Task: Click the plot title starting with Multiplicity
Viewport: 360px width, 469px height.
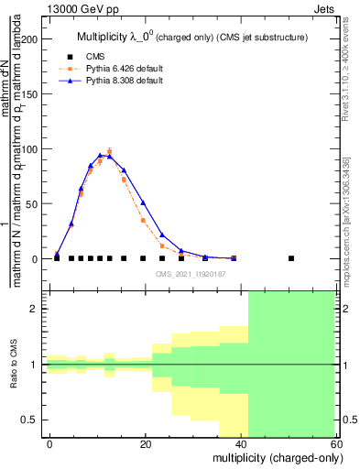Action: pos(191,36)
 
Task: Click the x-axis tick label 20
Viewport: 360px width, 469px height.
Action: pos(146,444)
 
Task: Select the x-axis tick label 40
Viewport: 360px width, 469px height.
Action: pos(241,444)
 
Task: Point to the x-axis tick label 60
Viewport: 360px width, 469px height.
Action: pos(335,444)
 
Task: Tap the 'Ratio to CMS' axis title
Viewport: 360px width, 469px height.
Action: pos(13,365)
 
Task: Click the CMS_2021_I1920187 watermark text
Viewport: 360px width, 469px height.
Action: pos(191,274)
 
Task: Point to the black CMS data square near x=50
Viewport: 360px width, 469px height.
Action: pos(291,258)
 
